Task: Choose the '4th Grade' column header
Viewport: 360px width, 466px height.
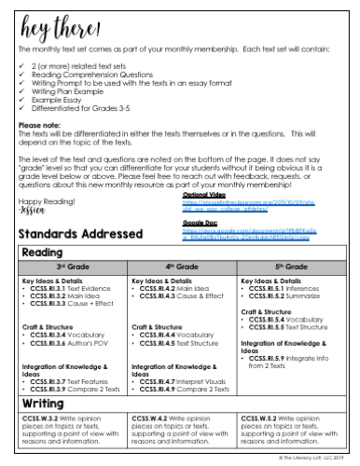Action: (179, 268)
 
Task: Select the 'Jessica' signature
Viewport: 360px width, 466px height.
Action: (33, 211)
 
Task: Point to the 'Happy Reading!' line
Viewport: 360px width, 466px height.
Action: (44, 201)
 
